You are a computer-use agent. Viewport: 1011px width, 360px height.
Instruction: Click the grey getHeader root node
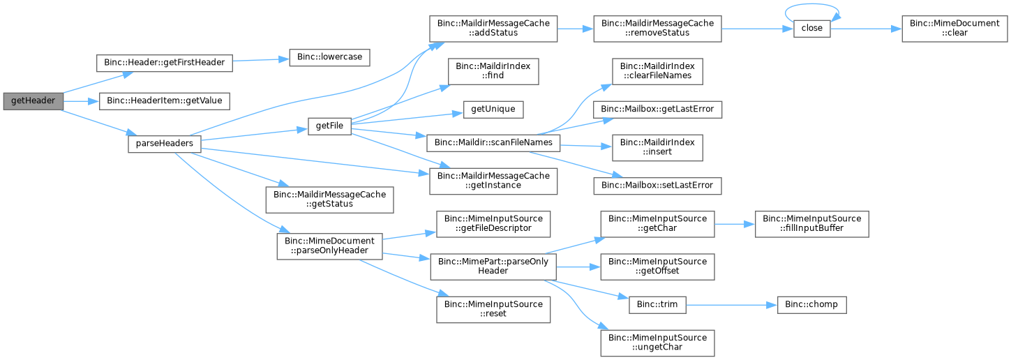point(33,101)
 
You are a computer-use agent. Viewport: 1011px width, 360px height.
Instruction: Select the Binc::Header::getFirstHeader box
point(164,63)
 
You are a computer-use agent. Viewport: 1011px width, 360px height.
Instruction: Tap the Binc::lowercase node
point(329,57)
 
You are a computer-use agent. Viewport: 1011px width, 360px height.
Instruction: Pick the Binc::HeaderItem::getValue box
point(164,101)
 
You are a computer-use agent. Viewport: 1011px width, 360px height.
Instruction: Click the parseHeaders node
point(164,144)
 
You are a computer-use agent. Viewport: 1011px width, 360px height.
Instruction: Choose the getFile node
point(329,126)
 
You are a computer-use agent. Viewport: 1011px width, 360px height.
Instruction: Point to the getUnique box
point(493,110)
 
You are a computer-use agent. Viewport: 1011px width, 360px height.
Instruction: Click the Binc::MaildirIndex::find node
point(493,71)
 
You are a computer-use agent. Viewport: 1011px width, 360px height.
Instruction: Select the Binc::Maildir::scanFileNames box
point(493,143)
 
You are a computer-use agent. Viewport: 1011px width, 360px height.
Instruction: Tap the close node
point(812,29)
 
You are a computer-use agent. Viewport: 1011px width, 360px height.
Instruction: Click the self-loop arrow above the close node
point(812,4)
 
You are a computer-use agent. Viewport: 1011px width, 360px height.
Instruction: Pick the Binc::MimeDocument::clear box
point(954,29)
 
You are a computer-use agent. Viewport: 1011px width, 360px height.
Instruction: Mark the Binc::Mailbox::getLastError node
point(657,110)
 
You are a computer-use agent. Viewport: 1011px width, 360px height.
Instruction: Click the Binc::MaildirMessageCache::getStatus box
point(329,200)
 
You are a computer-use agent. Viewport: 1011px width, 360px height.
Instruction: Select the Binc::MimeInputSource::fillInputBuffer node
point(812,224)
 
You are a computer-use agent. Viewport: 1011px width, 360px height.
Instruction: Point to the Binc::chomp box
point(812,305)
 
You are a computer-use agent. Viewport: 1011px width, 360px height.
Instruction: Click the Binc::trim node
point(657,305)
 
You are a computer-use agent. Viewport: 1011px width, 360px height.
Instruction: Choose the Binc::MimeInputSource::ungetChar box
point(657,343)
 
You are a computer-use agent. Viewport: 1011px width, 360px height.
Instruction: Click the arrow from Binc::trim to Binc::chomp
point(732,306)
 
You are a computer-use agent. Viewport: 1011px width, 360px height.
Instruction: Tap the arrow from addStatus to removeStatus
point(576,29)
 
